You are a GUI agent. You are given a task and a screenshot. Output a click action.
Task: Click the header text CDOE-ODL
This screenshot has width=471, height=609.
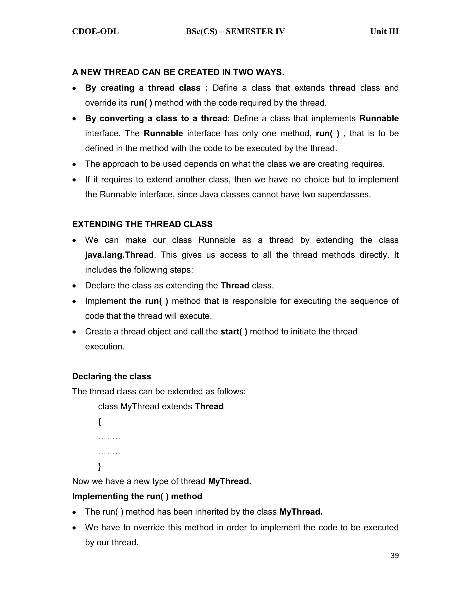(95, 31)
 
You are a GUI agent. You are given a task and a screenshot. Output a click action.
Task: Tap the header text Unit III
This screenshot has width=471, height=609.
(384, 31)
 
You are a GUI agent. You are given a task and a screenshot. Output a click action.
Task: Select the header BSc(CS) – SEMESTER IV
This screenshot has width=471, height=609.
(235, 31)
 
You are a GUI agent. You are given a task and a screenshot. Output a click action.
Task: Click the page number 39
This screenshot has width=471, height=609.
(395, 556)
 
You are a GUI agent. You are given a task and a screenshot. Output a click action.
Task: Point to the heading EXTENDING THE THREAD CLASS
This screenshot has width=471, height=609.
(142, 224)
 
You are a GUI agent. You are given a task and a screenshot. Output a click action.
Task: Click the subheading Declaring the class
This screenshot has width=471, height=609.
(112, 376)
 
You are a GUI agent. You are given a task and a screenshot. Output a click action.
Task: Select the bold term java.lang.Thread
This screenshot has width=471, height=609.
(119, 255)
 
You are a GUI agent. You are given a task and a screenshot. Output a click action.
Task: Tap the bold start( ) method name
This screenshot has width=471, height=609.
(234, 332)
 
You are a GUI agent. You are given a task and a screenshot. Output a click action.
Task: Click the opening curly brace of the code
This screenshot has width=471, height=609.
(100, 422)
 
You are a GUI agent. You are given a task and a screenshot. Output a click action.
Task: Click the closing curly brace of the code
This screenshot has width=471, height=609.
(100, 466)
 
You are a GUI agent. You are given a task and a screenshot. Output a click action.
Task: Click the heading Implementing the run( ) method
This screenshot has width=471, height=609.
(137, 496)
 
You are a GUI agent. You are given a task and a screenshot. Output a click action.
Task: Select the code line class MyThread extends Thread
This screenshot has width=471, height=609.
(161, 407)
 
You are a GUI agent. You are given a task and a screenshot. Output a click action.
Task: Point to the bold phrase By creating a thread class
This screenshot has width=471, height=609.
(143, 88)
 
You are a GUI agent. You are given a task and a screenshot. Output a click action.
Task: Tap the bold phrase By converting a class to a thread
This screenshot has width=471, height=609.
(156, 119)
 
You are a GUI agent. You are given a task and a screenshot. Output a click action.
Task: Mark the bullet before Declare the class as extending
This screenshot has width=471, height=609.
(74, 286)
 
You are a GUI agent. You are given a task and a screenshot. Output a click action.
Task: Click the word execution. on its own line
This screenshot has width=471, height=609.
(105, 347)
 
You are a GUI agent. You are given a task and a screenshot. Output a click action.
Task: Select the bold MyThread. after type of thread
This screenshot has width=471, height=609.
(230, 481)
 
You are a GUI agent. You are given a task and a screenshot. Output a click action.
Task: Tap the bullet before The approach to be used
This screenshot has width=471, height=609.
(74, 164)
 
